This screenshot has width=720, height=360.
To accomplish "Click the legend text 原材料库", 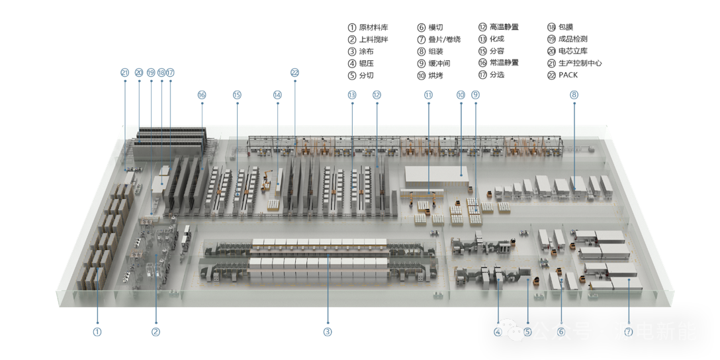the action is tap(373, 28).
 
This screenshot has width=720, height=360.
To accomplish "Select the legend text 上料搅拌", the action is tap(373, 40).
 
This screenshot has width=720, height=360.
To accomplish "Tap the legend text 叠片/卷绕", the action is tap(444, 40).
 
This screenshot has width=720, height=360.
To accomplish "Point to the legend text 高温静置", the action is tap(504, 27).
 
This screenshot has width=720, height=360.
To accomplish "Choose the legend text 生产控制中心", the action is tap(580, 63).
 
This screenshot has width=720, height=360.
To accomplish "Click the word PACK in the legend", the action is tap(568, 75).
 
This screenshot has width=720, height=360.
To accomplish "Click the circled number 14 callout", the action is tap(277, 95).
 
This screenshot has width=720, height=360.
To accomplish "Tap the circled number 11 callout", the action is tap(428, 95).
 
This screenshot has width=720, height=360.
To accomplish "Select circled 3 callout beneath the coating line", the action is tap(328, 332).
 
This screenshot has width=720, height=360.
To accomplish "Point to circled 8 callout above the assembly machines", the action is tap(574, 95).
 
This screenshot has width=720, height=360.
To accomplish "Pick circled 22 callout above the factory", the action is tap(294, 73).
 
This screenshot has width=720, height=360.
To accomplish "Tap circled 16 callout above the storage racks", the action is tap(202, 95).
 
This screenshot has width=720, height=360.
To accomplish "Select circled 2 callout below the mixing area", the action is tap(156, 332).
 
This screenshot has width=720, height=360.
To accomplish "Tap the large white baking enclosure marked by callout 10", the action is tap(437, 176).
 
